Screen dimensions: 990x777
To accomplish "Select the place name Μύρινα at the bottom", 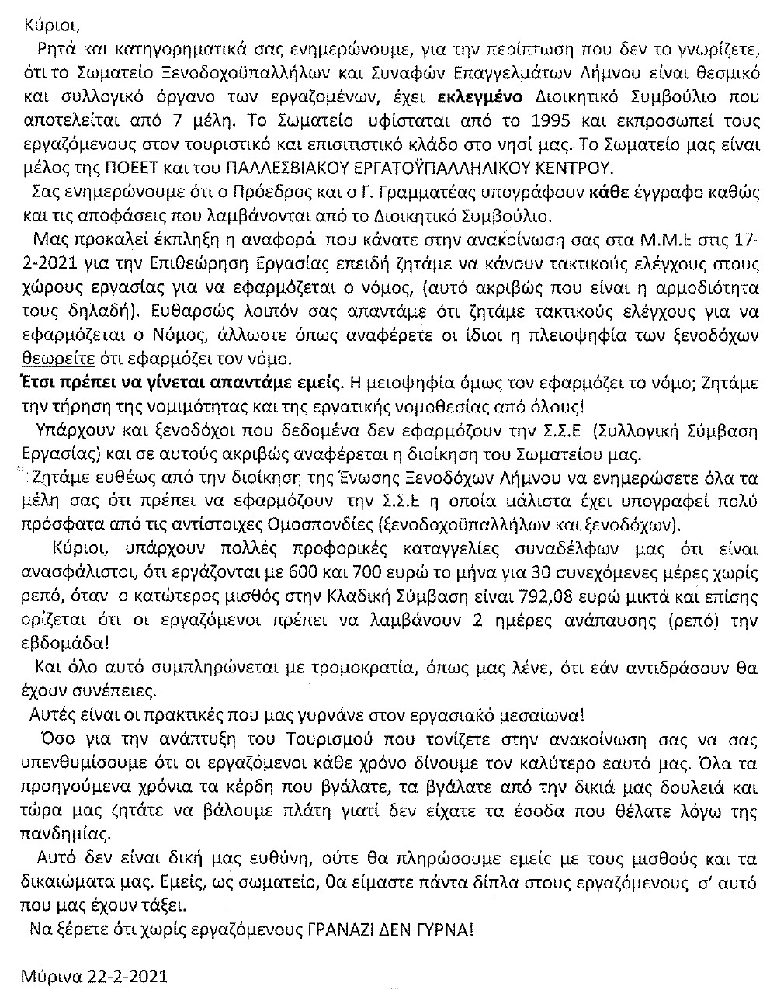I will click(55, 975).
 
